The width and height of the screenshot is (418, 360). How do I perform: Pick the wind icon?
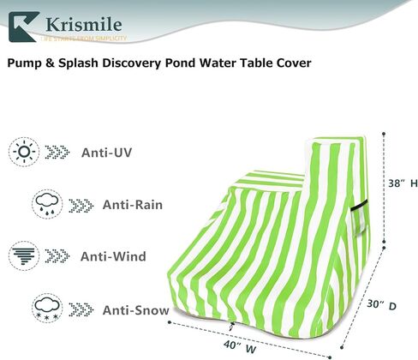click(25, 255)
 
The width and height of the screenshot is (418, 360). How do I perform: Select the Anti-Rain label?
click(134, 206)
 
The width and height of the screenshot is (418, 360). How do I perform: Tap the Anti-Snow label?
click(134, 309)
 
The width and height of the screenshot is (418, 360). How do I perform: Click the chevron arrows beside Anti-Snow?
click(82, 309)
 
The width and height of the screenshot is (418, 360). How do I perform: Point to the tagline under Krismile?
click(86, 39)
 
